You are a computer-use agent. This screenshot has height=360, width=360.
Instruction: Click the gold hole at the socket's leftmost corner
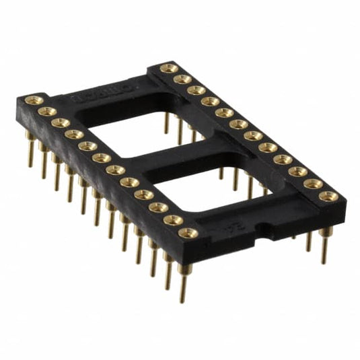pyautogui.click(x=31, y=100)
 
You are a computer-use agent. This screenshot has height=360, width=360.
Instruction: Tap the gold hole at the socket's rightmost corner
pyautogui.click(x=329, y=196)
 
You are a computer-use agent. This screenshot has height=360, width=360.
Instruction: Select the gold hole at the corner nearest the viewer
pyautogui.click(x=188, y=233)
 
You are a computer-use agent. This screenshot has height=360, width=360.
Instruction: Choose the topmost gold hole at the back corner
pyautogui.click(x=168, y=68)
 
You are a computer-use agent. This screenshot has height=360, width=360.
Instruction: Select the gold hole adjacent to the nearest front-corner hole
pyautogui.click(x=173, y=220)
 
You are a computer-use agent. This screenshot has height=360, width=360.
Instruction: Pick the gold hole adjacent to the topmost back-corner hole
pyautogui.click(x=182, y=79)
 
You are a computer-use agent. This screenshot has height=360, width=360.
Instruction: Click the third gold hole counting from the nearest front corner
pyautogui.click(x=159, y=207)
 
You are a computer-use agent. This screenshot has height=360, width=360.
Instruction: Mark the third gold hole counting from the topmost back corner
pyautogui.click(x=196, y=89)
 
